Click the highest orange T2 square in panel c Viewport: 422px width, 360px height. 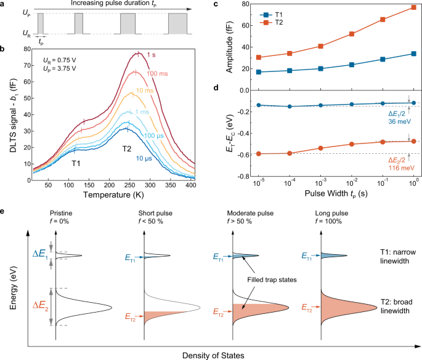coord(413,7)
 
